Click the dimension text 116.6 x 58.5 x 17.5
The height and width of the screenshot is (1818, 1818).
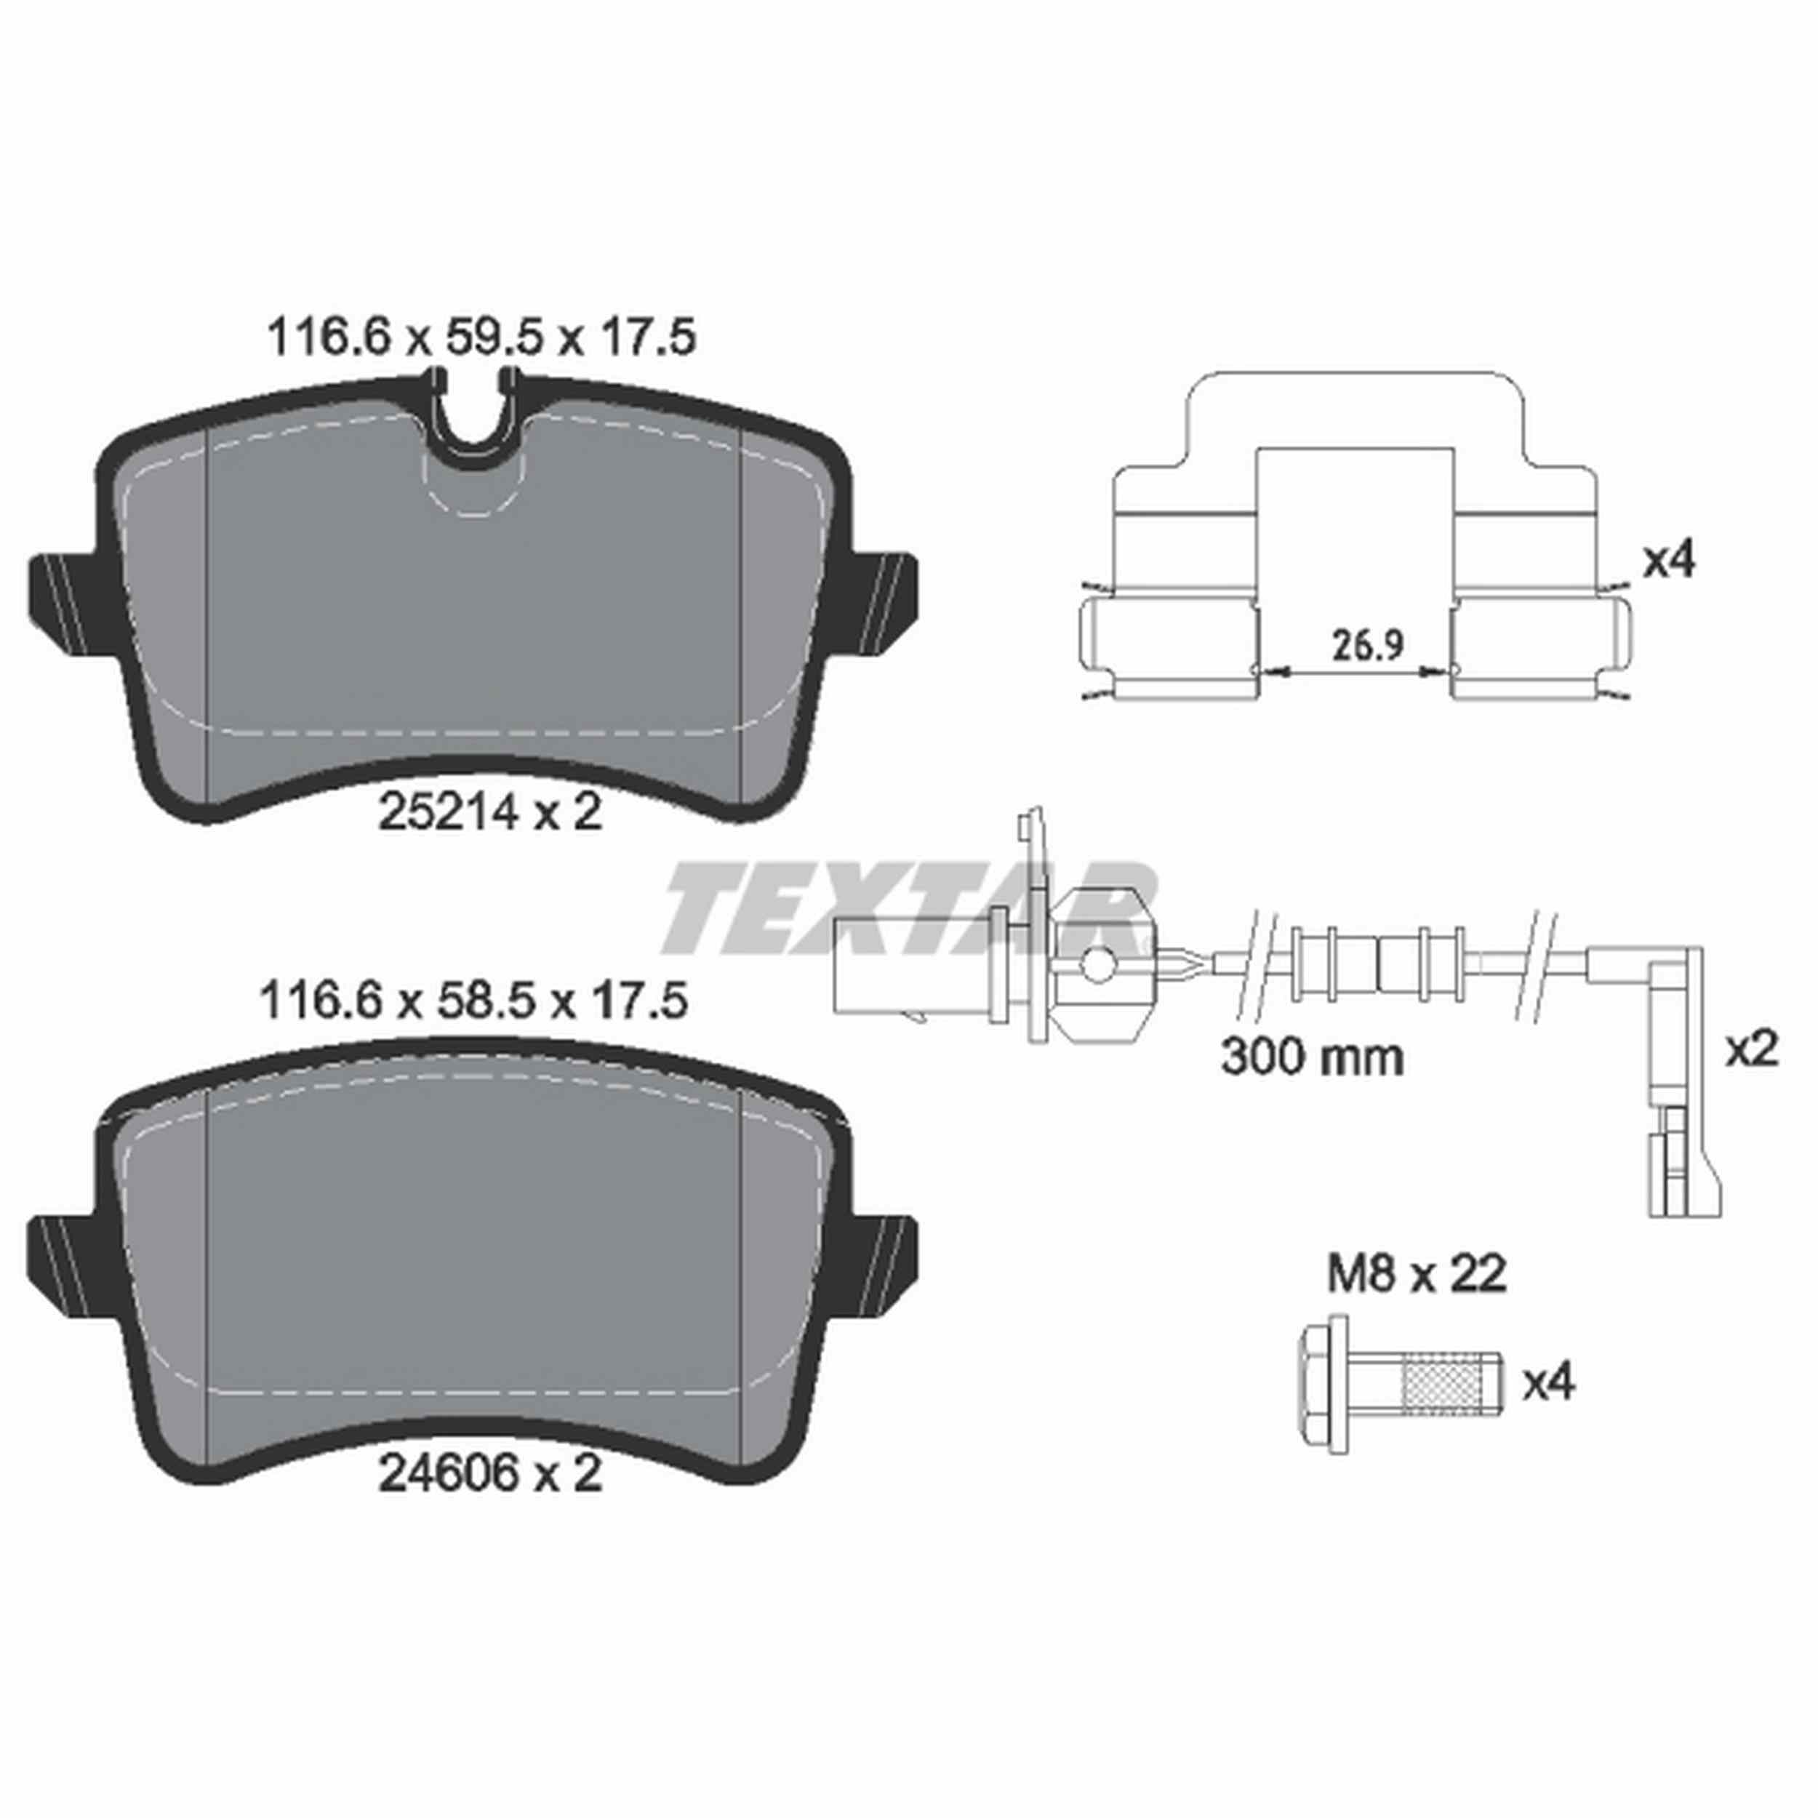[x=474, y=1002]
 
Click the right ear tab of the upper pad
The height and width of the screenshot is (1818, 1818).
[x=884, y=598]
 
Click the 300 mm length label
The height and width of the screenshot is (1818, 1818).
[x=1312, y=1057]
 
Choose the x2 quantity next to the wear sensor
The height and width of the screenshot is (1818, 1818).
[x=1751, y=1049]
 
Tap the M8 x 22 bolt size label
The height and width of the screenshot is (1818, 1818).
[x=1416, y=1274]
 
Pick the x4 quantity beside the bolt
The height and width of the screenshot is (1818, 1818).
[x=1548, y=1382]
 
